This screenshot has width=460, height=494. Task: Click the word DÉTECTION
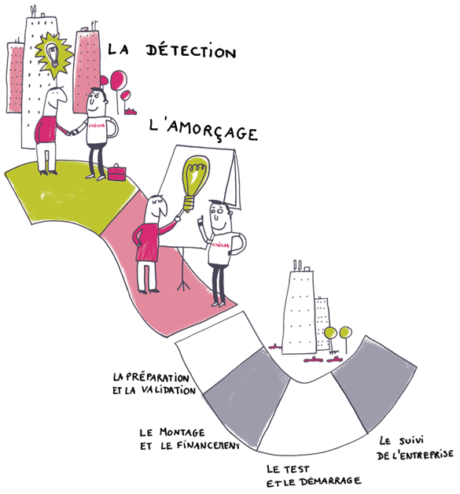tap(191, 51)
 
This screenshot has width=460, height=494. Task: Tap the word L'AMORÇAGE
tap(204, 130)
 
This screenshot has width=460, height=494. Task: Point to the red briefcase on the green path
tap(117, 172)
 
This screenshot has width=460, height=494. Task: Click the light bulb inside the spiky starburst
tap(53, 54)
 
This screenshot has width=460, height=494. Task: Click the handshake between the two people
tap(72, 132)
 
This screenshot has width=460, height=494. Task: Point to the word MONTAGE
tap(182, 432)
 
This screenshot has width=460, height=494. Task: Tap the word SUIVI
tap(411, 441)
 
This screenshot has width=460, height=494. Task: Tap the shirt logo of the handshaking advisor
tap(97, 125)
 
